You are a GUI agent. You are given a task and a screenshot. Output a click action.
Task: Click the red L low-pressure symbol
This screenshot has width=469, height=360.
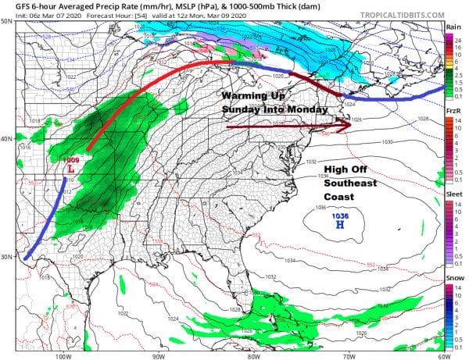[x=72, y=168]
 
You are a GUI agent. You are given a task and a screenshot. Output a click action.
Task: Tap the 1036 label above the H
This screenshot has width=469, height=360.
[x=340, y=215]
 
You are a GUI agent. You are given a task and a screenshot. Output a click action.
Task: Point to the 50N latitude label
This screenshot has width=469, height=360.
[x=7, y=21]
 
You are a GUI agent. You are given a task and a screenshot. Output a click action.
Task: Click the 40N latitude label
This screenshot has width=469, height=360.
[x=7, y=139]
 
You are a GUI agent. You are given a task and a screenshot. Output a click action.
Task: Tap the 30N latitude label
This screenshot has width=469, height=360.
[x=7, y=257]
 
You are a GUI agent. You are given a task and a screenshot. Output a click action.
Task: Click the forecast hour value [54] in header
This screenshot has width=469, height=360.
[x=126, y=14]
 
